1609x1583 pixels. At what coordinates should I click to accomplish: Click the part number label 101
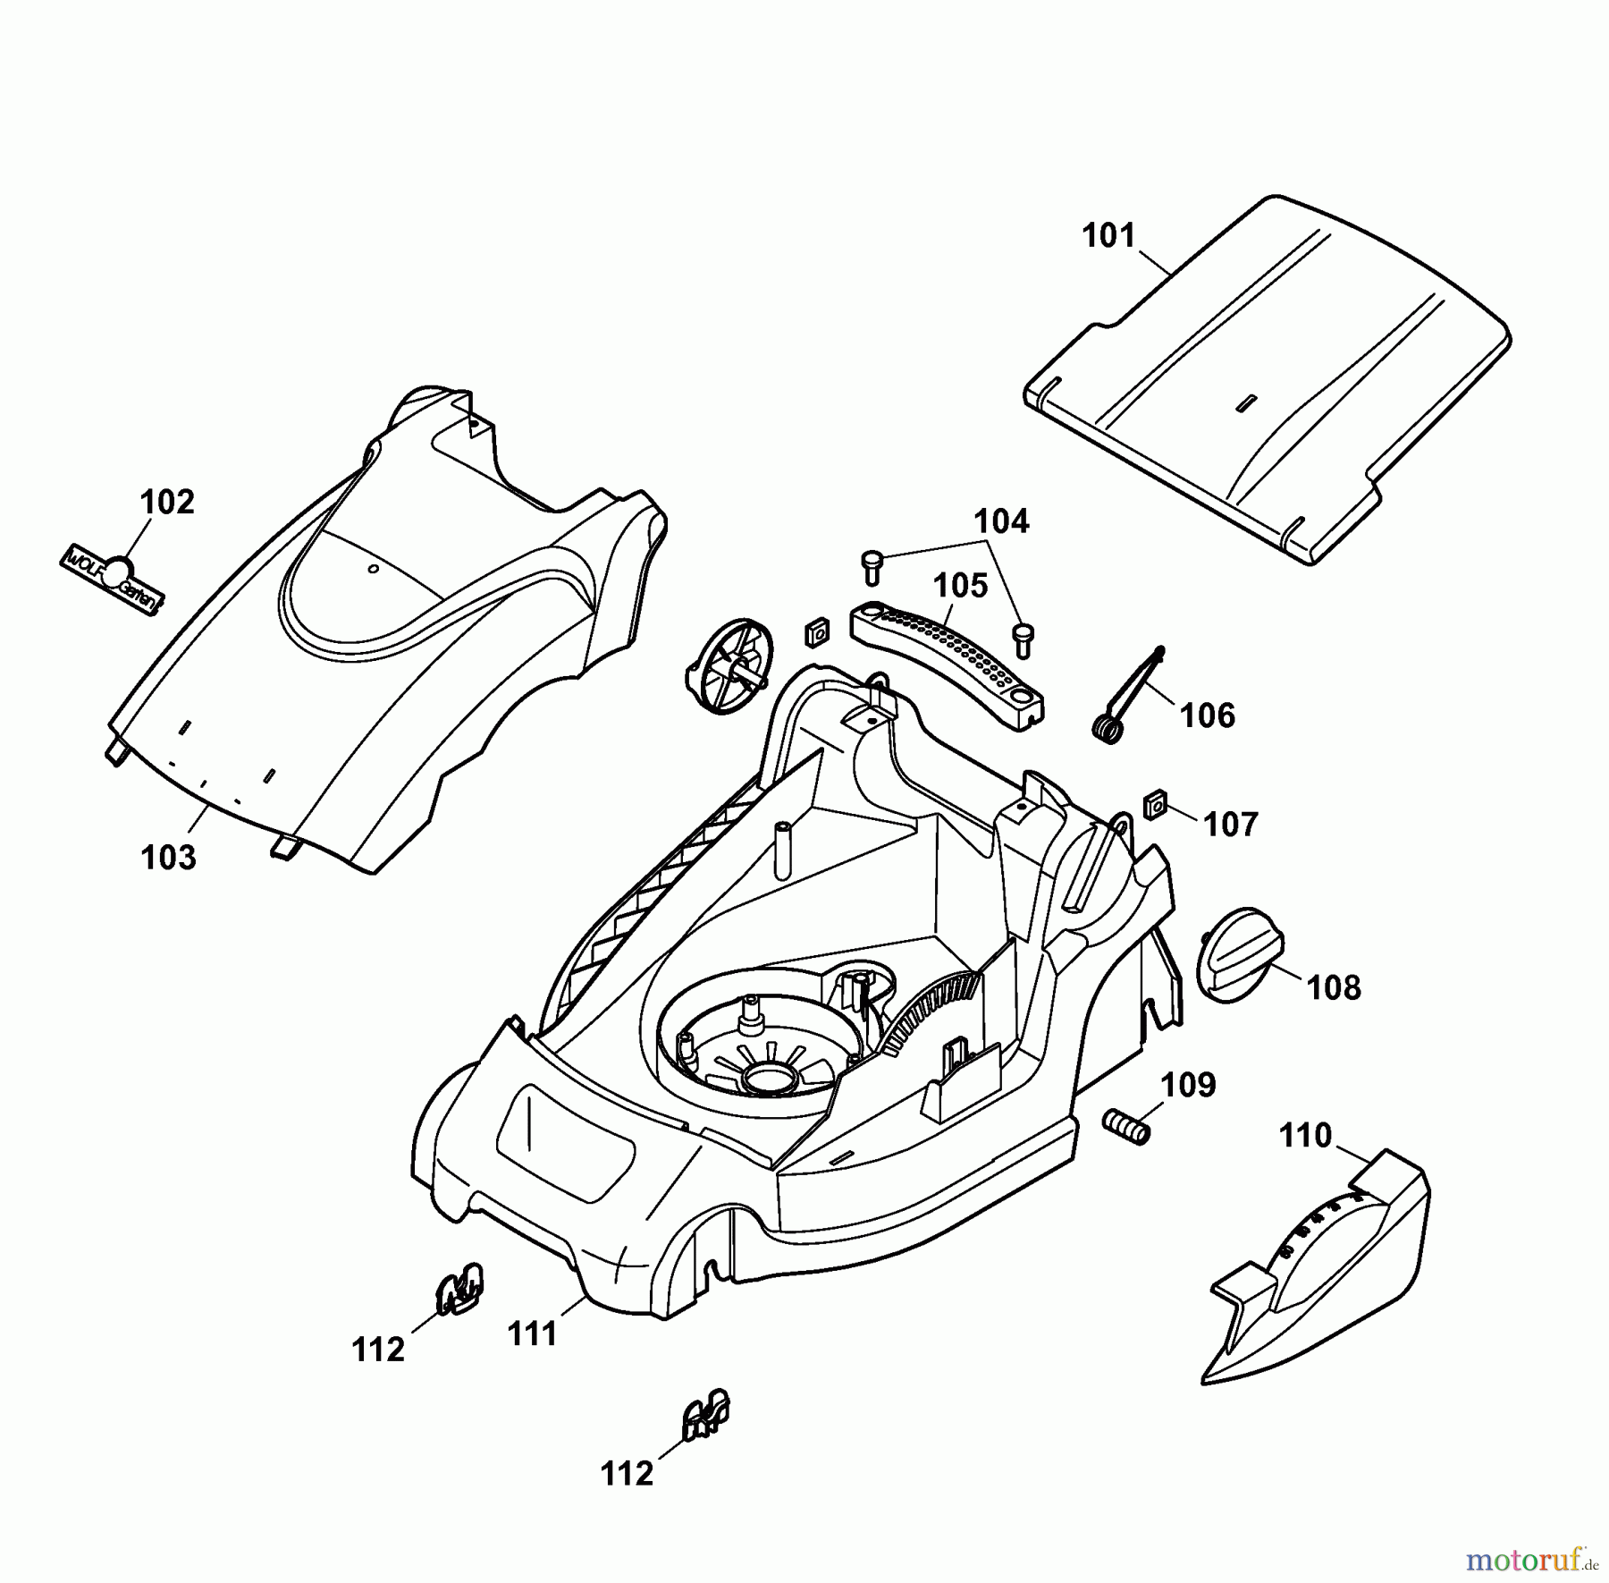(x=1108, y=236)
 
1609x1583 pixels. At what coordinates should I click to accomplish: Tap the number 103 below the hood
(x=168, y=858)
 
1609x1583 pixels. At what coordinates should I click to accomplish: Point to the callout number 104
(x=1001, y=521)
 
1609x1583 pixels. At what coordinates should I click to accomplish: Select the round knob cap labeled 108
(x=1238, y=965)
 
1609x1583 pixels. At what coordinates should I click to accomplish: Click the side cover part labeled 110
(x=1323, y=1270)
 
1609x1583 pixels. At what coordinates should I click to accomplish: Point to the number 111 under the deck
(x=533, y=1334)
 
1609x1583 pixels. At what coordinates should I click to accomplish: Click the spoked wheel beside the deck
(x=729, y=667)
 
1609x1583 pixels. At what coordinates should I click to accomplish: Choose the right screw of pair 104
(x=1023, y=640)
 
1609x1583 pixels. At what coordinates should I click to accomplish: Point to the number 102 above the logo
(x=167, y=503)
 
